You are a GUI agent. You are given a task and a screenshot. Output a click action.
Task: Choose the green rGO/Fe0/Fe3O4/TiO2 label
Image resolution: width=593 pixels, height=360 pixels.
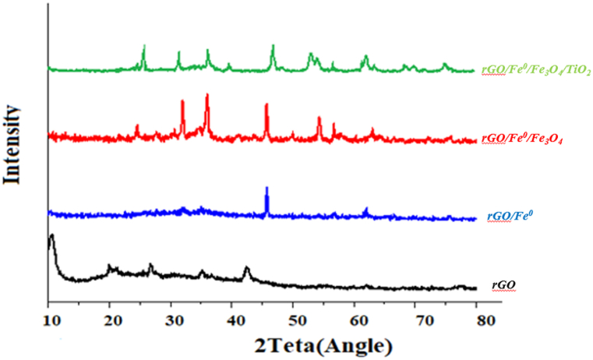pos(536,71)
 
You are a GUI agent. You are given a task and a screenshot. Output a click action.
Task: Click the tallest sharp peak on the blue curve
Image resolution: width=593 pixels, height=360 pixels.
pos(266,189)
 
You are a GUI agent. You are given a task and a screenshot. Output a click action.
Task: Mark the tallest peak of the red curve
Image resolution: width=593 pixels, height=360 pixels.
pos(206,95)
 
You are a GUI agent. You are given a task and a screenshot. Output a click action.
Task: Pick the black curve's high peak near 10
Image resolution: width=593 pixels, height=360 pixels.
pos(51,235)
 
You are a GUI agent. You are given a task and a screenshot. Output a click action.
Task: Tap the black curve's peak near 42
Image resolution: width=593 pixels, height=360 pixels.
pos(247,269)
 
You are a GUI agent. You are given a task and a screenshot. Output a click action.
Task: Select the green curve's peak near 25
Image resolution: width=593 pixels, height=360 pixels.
pos(143,48)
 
